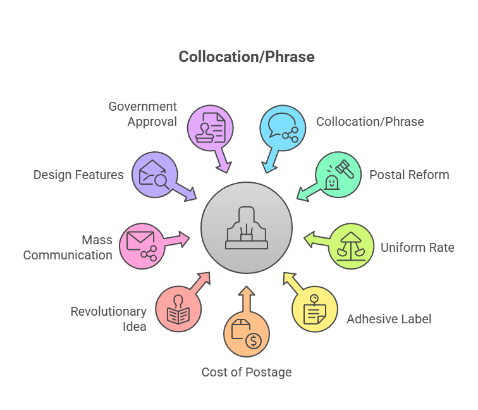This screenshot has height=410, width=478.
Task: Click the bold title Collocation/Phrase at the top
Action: click(x=247, y=57)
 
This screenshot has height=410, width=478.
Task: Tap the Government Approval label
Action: click(x=143, y=114)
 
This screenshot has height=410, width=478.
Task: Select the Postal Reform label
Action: click(x=409, y=175)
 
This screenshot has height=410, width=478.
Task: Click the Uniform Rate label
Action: click(x=417, y=247)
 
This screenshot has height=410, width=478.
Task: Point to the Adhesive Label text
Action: click(x=389, y=319)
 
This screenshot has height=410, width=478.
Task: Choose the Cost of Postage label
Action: click(x=247, y=372)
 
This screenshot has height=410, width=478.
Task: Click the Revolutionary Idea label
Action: click(x=109, y=319)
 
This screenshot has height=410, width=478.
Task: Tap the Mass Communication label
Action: click(x=68, y=247)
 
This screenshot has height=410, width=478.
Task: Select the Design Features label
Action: click(x=78, y=175)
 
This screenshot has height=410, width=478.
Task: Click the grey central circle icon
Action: click(x=247, y=228)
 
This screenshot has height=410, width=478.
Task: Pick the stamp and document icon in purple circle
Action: click(x=211, y=128)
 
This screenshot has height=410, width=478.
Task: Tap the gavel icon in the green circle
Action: click(x=345, y=169)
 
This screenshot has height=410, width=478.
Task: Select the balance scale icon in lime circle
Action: click(x=351, y=247)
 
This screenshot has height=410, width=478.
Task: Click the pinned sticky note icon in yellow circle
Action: click(x=315, y=309)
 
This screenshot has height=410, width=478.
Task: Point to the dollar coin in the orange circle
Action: click(x=254, y=341)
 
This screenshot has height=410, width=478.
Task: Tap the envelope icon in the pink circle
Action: click(x=140, y=240)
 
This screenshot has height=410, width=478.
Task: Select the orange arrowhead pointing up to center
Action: click(x=247, y=291)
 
